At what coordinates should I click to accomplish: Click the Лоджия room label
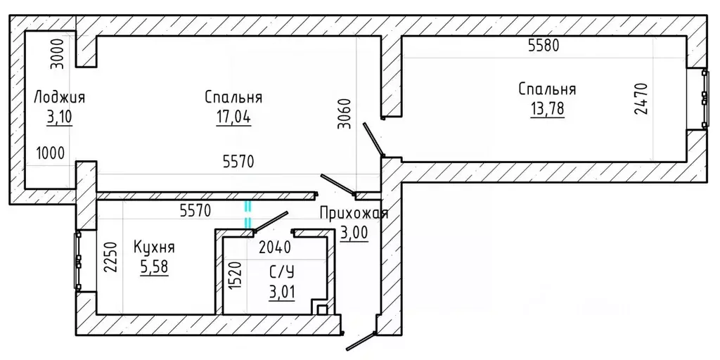tap(59, 97)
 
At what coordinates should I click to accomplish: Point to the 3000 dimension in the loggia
tap(59, 53)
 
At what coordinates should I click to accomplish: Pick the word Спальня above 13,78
tap(547, 89)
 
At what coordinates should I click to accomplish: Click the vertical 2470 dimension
tap(639, 99)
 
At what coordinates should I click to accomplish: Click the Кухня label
tap(154, 247)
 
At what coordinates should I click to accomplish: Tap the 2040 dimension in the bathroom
tap(275, 247)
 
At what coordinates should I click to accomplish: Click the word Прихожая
tap(353, 214)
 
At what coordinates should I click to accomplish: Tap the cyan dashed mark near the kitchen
tap(247, 214)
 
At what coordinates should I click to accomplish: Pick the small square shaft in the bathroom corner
tap(322, 309)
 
